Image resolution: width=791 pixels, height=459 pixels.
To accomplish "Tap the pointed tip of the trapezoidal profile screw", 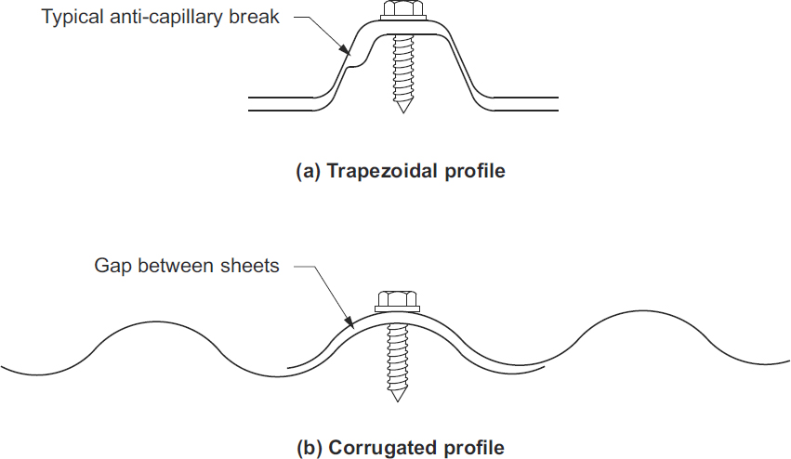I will pyautogui.click(x=402, y=109).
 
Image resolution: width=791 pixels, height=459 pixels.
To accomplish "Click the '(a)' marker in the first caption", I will pyautogui.click(x=307, y=171).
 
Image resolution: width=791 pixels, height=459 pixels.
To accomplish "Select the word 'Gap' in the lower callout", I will pyautogui.click(x=111, y=266).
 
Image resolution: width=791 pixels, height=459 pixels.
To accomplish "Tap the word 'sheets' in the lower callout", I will pyautogui.click(x=252, y=266).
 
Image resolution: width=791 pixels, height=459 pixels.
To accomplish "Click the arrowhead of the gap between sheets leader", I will pyautogui.click(x=352, y=326).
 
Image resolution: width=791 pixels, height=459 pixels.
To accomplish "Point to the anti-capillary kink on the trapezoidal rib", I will pyautogui.click(x=349, y=65).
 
